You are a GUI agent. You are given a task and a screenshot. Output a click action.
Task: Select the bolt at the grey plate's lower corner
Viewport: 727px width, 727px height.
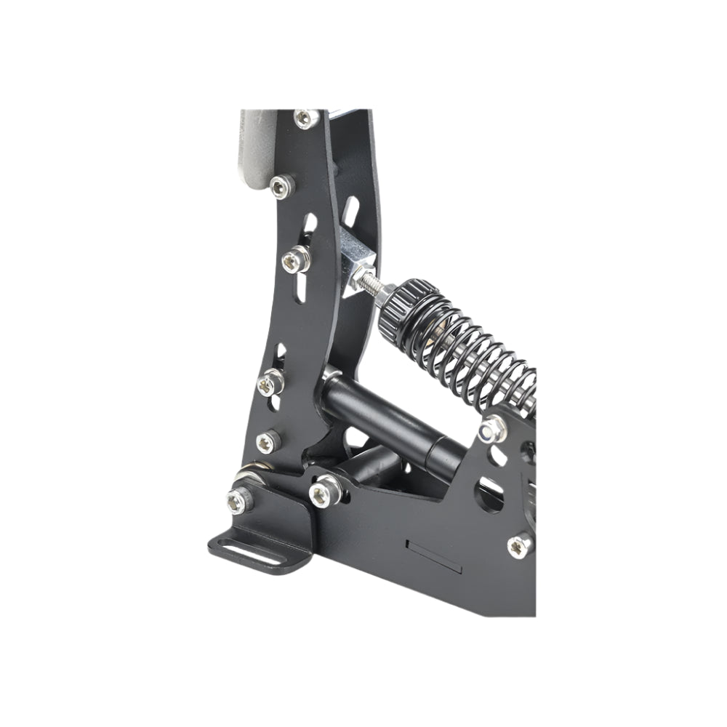click(280, 187)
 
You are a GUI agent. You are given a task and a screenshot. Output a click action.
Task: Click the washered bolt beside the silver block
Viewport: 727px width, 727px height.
click(295, 256)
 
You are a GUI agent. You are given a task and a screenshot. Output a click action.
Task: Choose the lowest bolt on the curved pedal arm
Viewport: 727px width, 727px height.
click(268, 441)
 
